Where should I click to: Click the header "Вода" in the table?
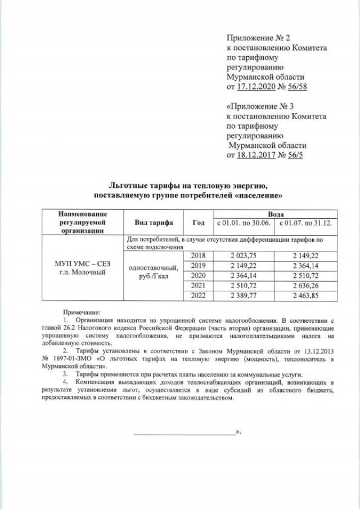(x=275, y=214)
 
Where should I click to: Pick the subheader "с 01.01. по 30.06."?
(x=244, y=223)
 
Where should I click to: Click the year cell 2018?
(x=199, y=255)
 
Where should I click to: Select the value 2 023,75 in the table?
(x=244, y=255)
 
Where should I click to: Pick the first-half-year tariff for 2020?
(x=244, y=275)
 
